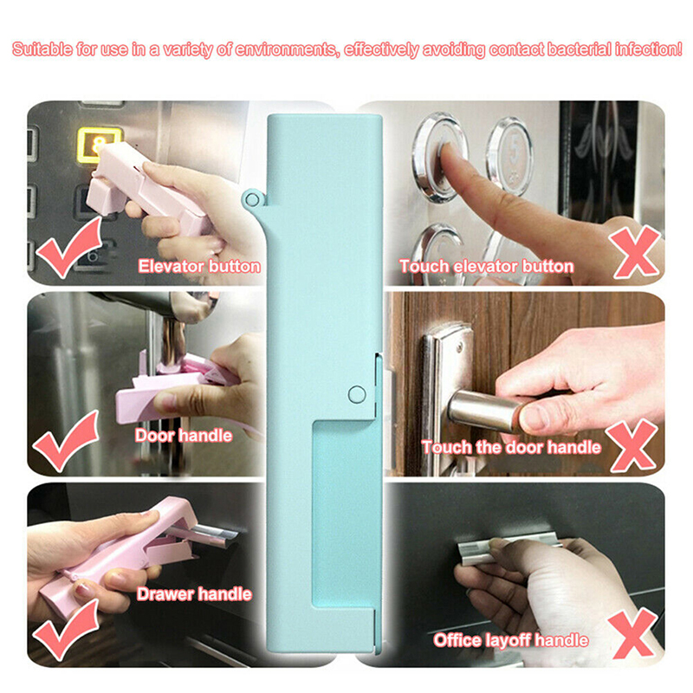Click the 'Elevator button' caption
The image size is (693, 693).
click(199, 267)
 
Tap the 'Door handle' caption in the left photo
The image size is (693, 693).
click(184, 436)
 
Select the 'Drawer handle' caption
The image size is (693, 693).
click(194, 594)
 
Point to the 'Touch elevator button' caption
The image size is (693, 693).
click(487, 267)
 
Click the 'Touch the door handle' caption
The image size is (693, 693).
click(511, 447)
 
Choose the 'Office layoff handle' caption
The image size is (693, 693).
click(510, 640)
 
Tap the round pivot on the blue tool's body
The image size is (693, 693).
click(357, 394)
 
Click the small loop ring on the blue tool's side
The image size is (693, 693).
click(252, 200)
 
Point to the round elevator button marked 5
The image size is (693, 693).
click(509, 155)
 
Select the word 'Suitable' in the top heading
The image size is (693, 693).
click(42, 49)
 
